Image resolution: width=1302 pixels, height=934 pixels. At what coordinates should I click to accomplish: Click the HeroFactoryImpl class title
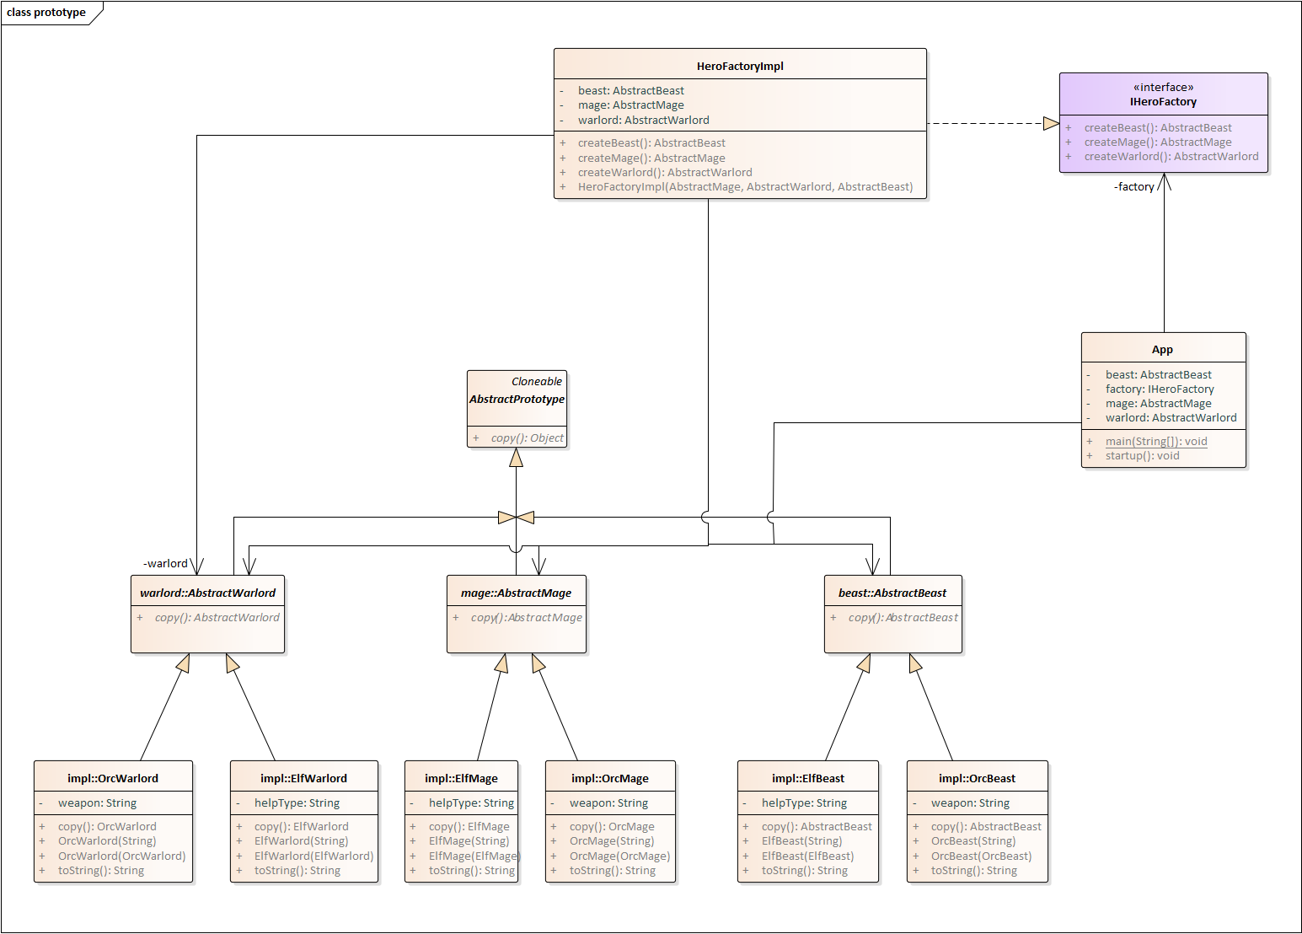(740, 67)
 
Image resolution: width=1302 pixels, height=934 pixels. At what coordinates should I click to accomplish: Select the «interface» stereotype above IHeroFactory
(1163, 88)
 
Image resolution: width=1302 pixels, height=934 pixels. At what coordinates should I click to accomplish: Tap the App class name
(1162, 350)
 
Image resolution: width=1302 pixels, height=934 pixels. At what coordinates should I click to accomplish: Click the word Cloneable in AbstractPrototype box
(536, 382)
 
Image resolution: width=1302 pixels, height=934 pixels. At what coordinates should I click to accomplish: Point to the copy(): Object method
(527, 438)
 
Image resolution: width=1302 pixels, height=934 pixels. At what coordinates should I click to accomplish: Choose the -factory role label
(1133, 187)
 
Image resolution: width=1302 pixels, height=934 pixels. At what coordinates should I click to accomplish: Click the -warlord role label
(165, 564)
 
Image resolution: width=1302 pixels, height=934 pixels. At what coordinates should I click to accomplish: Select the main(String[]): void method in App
(1155, 442)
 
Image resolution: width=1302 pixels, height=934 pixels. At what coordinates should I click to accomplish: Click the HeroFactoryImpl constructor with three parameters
(745, 187)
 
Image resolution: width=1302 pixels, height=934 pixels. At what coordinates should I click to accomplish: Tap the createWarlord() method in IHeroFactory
(1171, 157)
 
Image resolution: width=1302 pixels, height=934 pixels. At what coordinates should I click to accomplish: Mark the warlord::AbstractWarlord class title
(207, 593)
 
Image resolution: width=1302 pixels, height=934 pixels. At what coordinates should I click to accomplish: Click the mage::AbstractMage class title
(516, 593)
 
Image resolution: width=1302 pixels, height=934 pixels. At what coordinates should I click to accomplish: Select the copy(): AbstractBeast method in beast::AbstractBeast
(903, 618)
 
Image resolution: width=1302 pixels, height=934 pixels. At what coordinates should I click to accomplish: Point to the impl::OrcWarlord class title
(113, 779)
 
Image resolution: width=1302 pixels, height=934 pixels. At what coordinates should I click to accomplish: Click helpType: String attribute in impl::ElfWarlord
(297, 803)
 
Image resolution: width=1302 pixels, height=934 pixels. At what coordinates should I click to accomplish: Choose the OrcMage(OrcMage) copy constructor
(619, 856)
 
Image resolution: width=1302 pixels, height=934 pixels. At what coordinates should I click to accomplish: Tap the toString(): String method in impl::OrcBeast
(973, 871)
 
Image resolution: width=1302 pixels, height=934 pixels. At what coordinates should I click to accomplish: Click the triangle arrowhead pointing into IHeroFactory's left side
(1051, 124)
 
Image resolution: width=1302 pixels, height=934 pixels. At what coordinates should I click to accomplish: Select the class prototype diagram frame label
(46, 13)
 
